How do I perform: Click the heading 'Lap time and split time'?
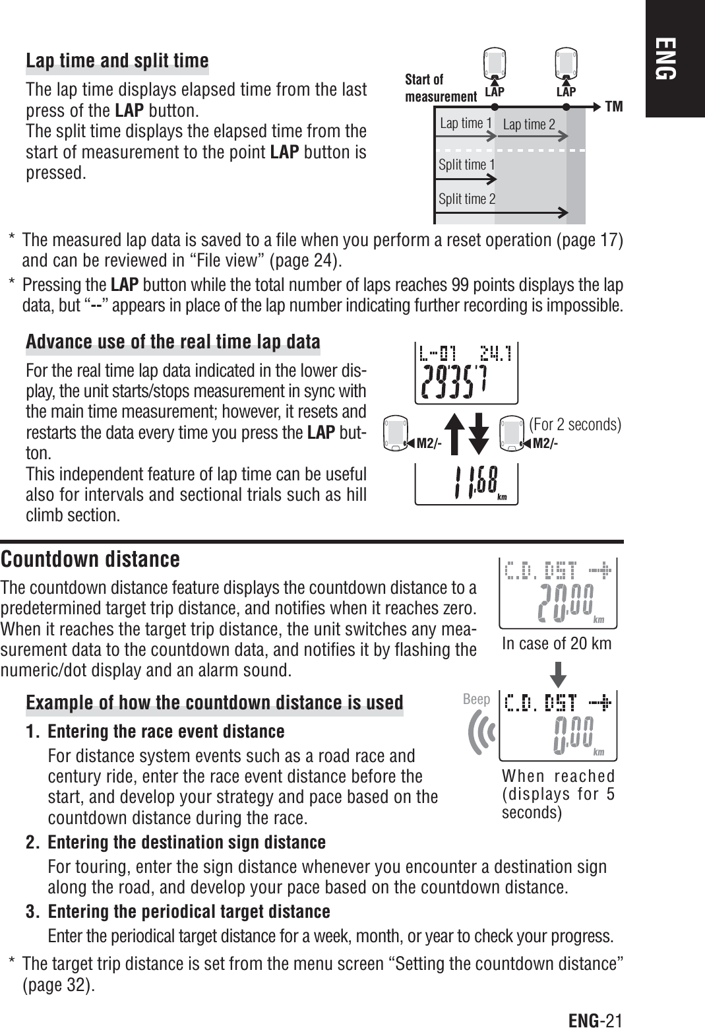coord(117,61)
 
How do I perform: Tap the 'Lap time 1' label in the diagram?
coord(466,123)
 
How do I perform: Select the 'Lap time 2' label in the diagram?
coord(529,124)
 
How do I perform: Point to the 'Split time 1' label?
coord(466,164)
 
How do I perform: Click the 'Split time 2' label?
coord(467,199)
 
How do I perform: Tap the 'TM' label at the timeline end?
coord(614,106)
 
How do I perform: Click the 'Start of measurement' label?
coord(439,88)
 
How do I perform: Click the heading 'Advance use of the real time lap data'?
coord(173,342)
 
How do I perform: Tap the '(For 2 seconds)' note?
coord(575,424)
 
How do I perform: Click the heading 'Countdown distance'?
coord(90,560)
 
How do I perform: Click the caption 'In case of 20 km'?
coord(556,643)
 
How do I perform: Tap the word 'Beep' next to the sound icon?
coord(476,699)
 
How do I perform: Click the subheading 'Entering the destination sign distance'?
coord(187,843)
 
